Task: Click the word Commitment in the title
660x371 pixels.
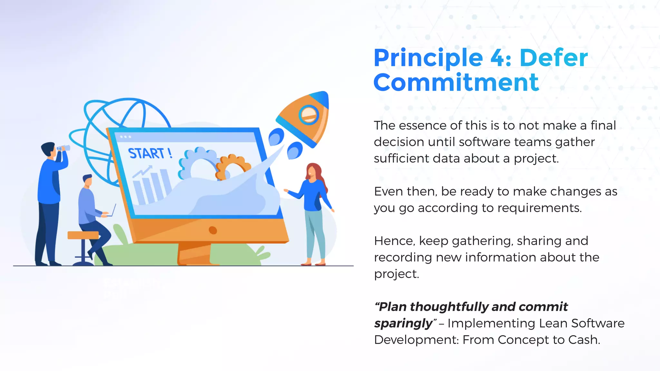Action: (456, 82)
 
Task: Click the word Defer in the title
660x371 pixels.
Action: (553, 58)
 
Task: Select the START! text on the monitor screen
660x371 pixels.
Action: (150, 153)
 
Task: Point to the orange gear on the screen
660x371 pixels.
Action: (233, 166)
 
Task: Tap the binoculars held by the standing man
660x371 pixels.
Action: (63, 148)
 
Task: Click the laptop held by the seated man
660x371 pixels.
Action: (111, 211)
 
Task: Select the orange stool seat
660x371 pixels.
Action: (83, 235)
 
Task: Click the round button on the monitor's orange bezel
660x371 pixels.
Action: (213, 230)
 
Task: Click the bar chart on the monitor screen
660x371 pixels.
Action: (151, 187)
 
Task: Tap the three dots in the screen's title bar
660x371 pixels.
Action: (125, 137)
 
